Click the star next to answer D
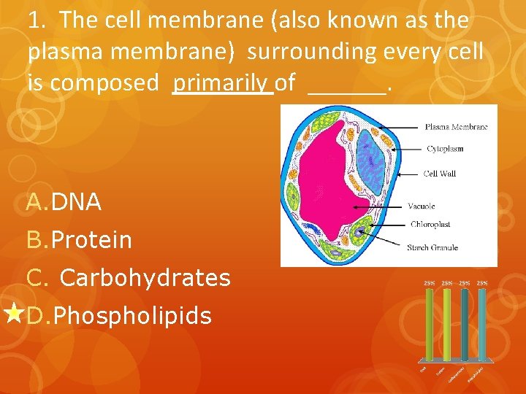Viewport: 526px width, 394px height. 13,314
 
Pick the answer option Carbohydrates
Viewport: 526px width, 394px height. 145,278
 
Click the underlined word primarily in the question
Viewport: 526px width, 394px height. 222,83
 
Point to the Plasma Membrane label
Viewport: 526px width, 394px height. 457,127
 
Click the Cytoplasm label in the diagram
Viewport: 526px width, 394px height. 444,149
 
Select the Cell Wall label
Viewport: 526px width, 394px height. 440,174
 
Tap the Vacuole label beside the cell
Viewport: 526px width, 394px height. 422,206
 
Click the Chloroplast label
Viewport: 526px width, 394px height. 430,225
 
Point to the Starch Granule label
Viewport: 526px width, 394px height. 432,248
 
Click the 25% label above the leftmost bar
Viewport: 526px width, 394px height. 430,282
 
